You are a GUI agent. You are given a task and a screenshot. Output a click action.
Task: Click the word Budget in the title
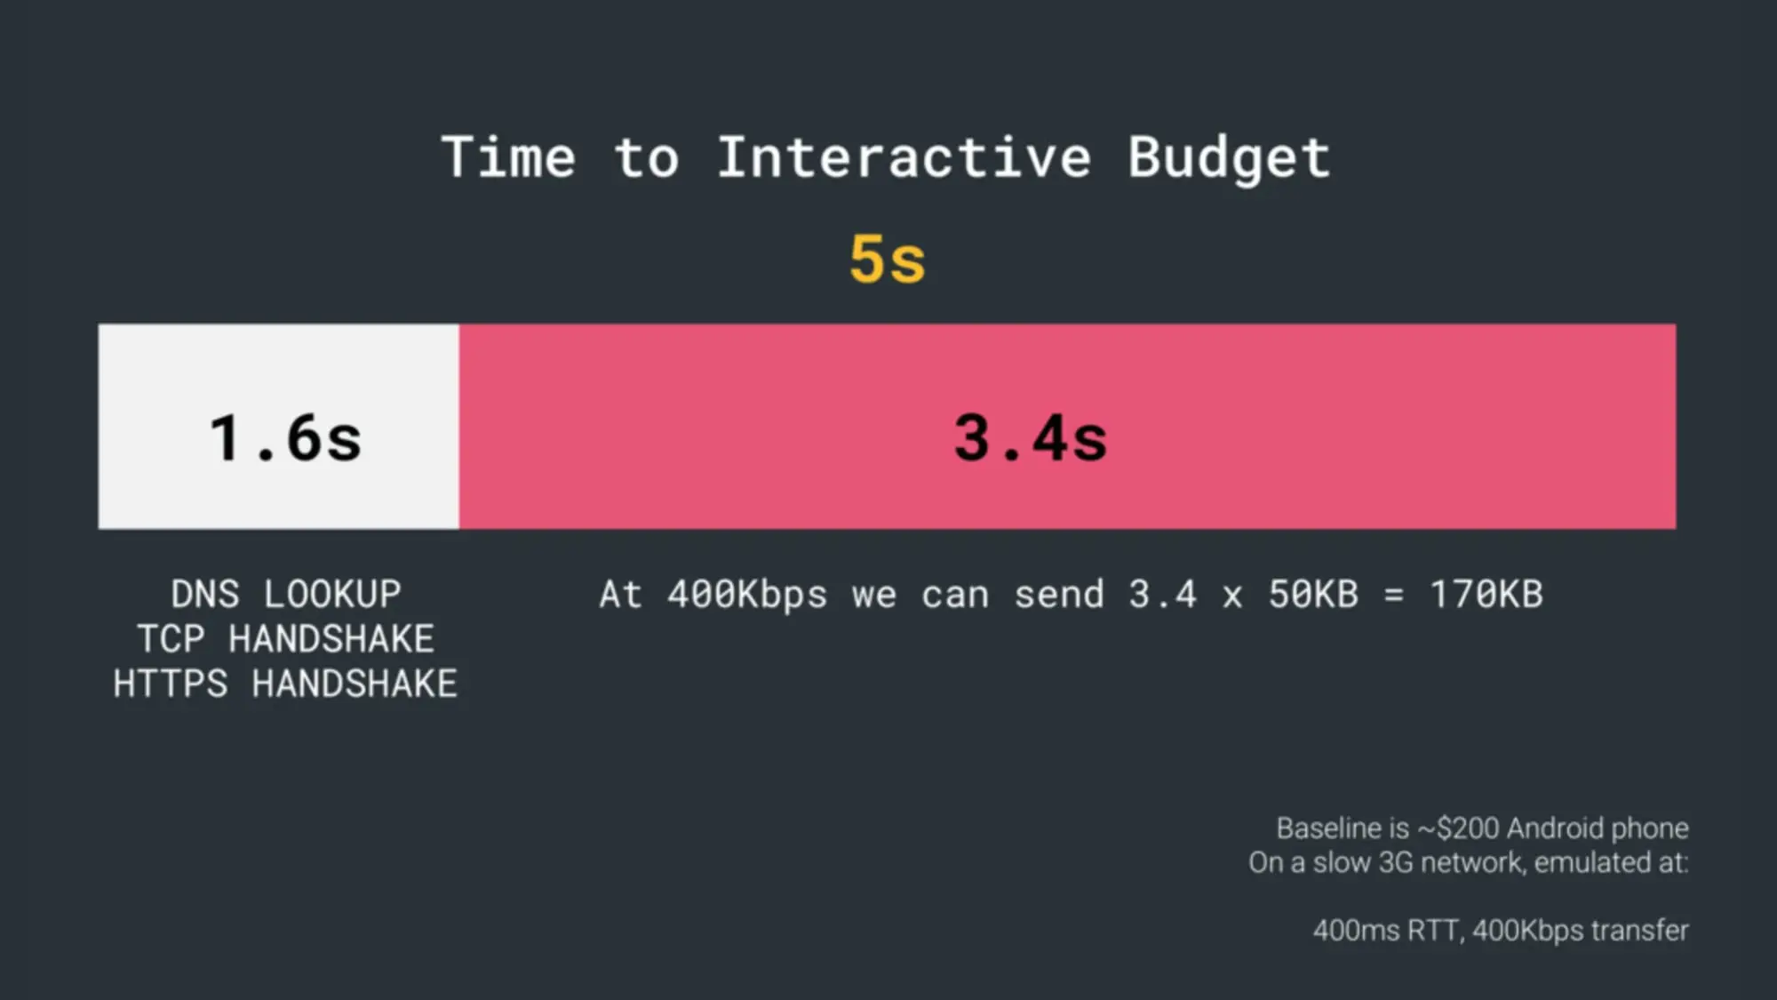(x=1229, y=159)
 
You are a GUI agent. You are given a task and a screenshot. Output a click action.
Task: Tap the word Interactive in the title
(x=904, y=157)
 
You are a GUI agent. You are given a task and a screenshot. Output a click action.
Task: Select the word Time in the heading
(x=509, y=157)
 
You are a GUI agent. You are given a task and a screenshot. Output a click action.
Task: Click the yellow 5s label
(x=888, y=260)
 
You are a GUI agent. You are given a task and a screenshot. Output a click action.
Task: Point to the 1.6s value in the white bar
(x=286, y=437)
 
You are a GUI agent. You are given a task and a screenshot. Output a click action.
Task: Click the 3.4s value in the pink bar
(x=1031, y=437)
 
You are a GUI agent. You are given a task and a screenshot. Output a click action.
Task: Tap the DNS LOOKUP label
(x=286, y=594)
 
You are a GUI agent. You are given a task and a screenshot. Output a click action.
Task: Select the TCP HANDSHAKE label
(x=286, y=638)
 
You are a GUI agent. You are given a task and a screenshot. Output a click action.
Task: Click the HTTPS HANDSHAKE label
(x=285, y=684)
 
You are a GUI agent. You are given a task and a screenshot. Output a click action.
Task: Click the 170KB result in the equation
(x=1486, y=594)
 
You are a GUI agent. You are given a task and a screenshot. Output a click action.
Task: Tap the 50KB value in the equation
(x=1313, y=594)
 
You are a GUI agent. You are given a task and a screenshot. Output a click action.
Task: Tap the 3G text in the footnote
(x=1394, y=862)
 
